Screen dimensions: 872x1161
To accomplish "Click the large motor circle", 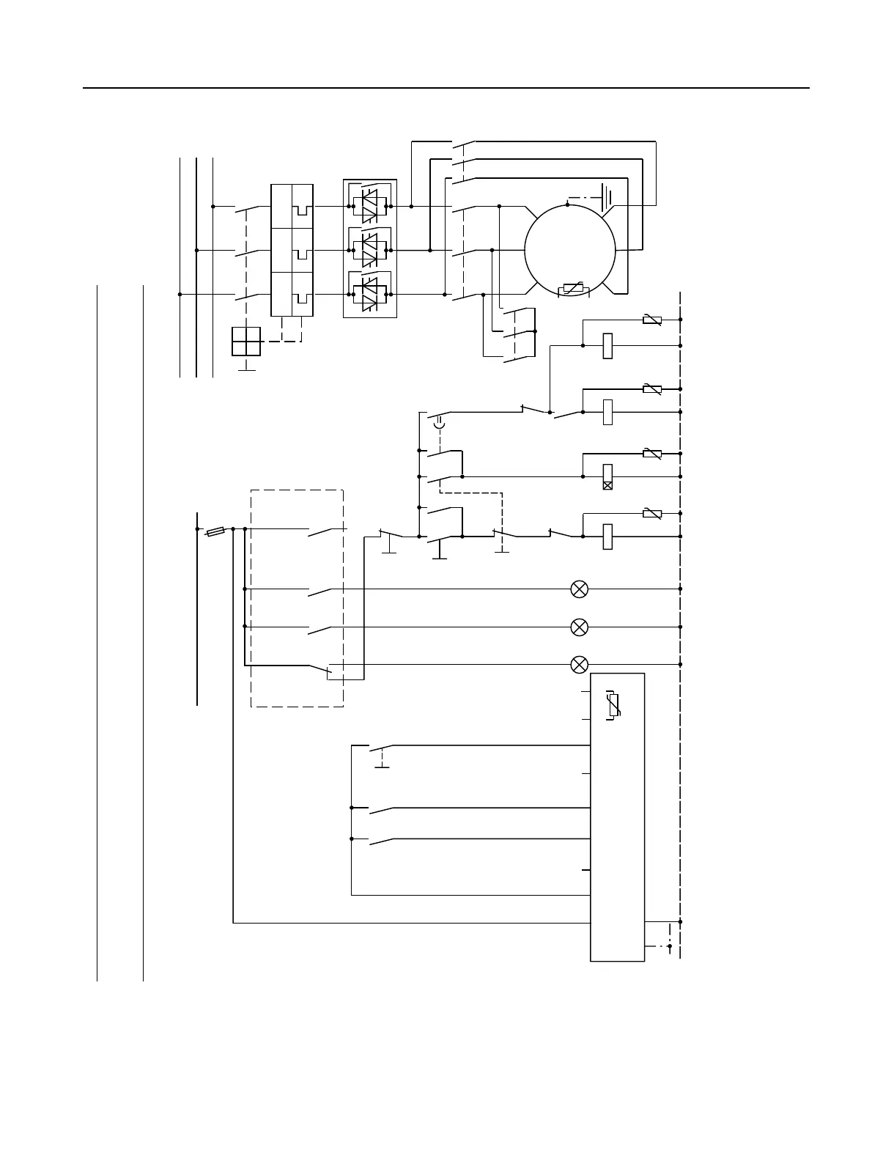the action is [x=570, y=250].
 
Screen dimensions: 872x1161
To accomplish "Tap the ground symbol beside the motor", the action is [x=606, y=196].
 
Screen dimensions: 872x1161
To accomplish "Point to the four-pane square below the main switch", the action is [x=245, y=342].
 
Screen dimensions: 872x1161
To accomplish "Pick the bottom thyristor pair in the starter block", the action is [x=370, y=293].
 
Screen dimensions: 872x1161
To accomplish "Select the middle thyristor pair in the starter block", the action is [x=370, y=250].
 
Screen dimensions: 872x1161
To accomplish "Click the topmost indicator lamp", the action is [x=579, y=589].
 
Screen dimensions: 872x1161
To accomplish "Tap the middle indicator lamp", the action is [x=579, y=627].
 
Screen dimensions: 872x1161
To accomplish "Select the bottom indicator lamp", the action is [x=579, y=665].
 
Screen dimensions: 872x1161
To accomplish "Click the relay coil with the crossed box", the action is [x=607, y=476].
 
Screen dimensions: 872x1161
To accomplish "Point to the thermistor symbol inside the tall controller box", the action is [x=614, y=705].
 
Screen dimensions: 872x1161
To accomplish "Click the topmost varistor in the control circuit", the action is [x=651, y=320].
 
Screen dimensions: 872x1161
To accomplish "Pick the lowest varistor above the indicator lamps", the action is [x=651, y=513].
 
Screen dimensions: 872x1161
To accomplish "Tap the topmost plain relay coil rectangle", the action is [x=607, y=345].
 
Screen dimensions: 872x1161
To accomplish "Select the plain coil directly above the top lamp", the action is [x=607, y=537].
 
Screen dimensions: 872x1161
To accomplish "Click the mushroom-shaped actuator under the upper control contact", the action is [x=439, y=423].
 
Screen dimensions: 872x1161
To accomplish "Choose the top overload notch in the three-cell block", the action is [x=302, y=210].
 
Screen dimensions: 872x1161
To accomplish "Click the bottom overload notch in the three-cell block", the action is [x=302, y=298].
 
